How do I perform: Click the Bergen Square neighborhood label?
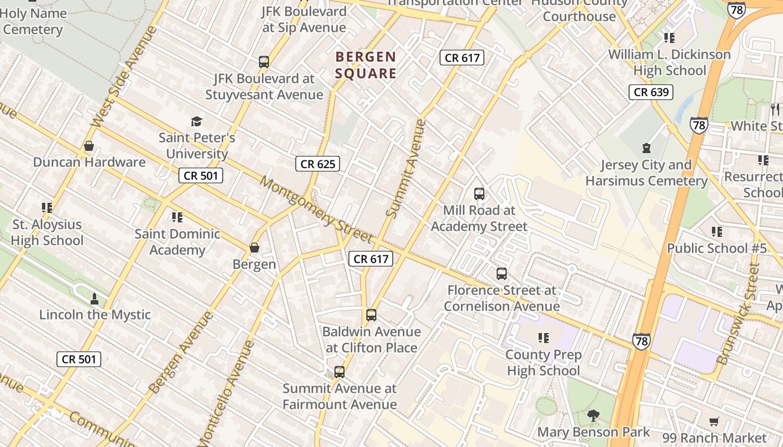(366, 65)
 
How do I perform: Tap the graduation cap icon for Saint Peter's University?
(196, 121)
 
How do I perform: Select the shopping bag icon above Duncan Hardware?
(88, 146)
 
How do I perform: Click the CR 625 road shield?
(318, 164)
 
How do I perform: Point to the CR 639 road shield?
(650, 92)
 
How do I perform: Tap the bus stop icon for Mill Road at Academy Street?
(479, 194)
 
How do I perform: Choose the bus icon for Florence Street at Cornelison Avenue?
(502, 274)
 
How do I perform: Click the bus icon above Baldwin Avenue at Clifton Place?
(371, 315)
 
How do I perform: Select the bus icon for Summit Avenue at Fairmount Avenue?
(339, 372)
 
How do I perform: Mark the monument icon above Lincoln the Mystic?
(94, 299)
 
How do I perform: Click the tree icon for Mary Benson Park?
(593, 416)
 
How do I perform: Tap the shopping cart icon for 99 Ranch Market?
(714, 421)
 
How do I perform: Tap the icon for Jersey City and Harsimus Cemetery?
(647, 148)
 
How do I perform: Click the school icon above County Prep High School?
(543, 338)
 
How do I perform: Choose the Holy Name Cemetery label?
(34, 21)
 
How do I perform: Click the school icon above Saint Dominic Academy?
(177, 217)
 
